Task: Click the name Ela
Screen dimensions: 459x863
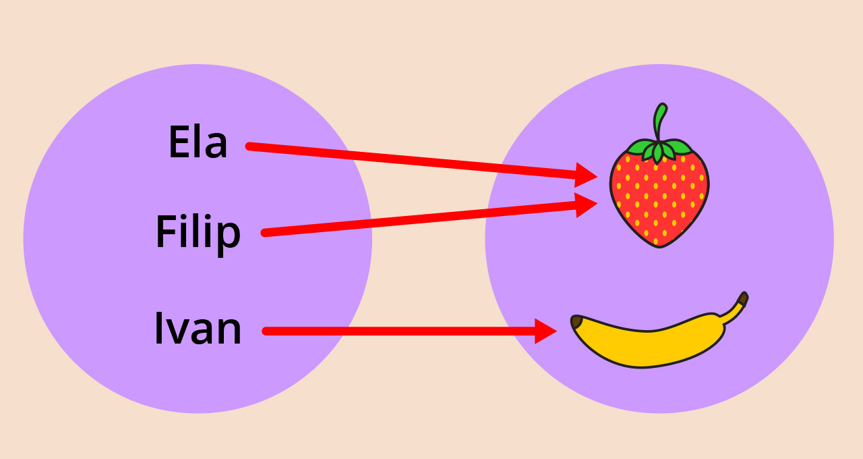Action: point(198,142)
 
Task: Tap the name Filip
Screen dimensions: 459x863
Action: point(198,232)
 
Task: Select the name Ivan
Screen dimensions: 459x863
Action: point(198,329)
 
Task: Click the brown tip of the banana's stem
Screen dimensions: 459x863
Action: point(743,298)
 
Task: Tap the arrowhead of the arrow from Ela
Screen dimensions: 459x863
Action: point(585,175)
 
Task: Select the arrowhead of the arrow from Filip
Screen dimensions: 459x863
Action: point(585,205)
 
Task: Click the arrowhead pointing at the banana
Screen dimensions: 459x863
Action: point(545,331)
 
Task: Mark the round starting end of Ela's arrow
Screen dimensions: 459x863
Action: point(249,146)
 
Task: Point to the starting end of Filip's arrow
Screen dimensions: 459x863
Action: point(265,233)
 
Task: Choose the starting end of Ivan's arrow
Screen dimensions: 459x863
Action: point(266,331)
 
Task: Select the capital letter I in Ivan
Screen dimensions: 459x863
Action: point(159,329)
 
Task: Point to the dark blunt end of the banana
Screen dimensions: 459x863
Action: point(576,321)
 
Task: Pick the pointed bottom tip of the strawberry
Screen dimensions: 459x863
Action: point(659,244)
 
